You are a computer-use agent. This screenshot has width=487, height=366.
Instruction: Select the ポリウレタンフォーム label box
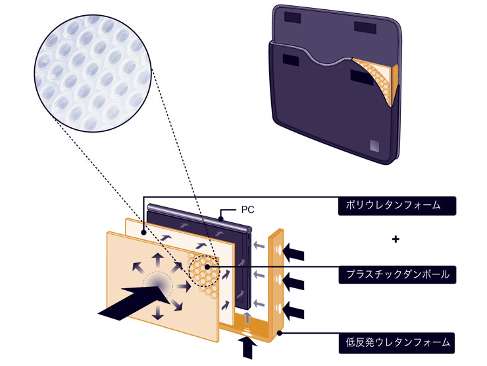click(397, 204)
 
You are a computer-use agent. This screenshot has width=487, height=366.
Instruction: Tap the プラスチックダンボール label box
click(397, 273)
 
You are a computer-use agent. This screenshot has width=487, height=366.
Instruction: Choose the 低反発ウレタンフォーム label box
click(397, 342)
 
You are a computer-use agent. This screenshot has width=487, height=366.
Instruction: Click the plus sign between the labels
click(396, 239)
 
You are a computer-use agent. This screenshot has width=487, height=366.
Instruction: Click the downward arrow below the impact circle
click(157, 313)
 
